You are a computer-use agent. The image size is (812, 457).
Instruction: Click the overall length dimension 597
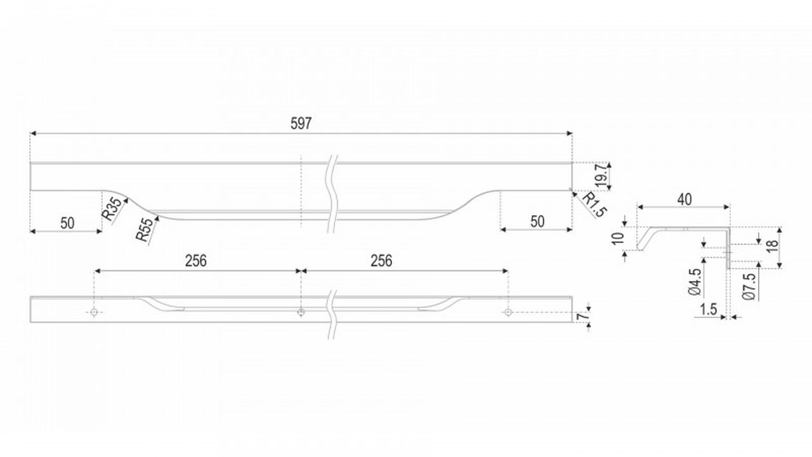coord(301,124)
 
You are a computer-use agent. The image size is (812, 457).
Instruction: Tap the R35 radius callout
coord(112,209)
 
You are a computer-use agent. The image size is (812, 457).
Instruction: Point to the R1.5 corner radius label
coord(594,204)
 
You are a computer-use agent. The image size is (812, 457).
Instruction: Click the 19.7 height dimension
coord(601,176)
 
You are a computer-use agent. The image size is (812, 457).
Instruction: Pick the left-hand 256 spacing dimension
coord(196,261)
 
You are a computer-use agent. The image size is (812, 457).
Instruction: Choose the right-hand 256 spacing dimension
coord(381,261)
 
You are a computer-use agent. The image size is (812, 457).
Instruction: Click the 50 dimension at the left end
coord(67,223)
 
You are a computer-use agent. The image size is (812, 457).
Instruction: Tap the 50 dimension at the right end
coord(537,222)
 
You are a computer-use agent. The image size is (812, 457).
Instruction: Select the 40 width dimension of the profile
coord(684,199)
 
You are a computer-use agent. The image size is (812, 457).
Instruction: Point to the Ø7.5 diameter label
coord(749,286)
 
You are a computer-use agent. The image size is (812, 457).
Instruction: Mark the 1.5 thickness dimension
coord(709,309)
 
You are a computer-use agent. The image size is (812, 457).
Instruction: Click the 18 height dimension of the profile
coord(773,246)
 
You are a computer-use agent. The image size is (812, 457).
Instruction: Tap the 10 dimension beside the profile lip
coord(618,238)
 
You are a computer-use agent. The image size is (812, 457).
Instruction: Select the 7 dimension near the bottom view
coord(582,316)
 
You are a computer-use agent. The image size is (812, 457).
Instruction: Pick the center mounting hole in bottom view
coord(301,312)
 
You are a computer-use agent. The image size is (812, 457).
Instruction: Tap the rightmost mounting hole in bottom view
coord(508,312)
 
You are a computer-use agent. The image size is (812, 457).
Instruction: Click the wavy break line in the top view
coord(332,194)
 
